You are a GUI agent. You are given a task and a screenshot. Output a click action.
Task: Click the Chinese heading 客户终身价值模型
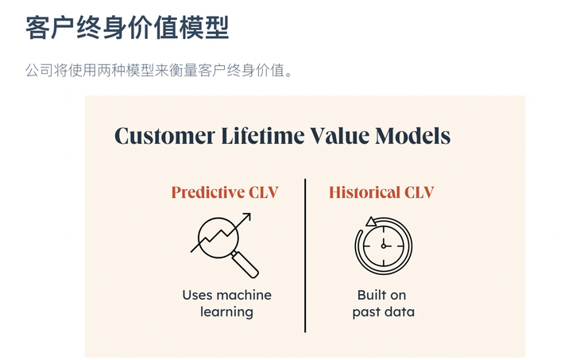[x=127, y=28]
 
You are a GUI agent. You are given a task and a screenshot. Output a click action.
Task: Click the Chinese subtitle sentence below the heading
[x=160, y=71]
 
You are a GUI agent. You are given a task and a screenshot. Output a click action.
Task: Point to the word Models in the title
[x=413, y=136]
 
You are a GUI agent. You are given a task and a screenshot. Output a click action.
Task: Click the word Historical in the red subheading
[x=365, y=192]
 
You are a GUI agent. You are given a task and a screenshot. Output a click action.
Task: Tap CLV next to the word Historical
[x=419, y=192]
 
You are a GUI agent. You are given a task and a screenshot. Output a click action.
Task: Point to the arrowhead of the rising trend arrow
[x=247, y=215]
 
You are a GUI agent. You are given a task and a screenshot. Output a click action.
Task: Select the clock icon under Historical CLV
[x=383, y=245]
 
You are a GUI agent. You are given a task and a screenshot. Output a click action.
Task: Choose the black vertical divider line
[x=305, y=255]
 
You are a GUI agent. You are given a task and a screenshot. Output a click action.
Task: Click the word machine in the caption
[x=244, y=295]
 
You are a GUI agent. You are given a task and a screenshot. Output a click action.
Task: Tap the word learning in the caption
[x=226, y=312]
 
